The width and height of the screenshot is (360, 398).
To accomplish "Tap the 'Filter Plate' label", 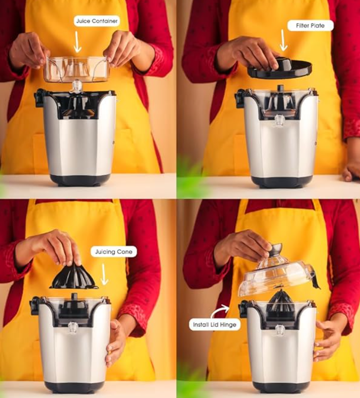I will pos(310,25).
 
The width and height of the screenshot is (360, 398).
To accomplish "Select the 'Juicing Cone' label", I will pos(114,251).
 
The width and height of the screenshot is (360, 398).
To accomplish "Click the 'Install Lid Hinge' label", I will pos(215,324).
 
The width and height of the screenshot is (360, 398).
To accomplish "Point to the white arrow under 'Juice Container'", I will pos(78,42).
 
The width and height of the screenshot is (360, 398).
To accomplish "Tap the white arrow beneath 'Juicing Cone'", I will pos(104,274).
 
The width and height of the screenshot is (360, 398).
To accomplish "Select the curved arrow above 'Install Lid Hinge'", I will pos(220,310).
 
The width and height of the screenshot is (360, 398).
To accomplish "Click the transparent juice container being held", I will pos(76,70).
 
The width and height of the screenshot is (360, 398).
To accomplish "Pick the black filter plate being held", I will pos(280,69).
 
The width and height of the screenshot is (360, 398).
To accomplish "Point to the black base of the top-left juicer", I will pos(80,179).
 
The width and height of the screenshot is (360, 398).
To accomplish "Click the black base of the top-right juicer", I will pos(281,181).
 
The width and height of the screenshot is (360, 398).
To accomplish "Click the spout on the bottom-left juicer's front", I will pos(73,327).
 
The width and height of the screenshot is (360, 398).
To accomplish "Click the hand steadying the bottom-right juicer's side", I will pos(327,340).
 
